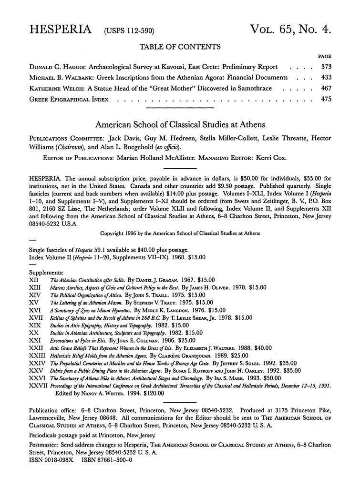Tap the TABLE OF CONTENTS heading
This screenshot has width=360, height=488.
[180, 47]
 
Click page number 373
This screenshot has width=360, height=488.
[325, 66]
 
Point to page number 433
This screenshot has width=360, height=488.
[325, 77]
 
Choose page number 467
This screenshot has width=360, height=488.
[325, 88]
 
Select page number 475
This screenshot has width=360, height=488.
[325, 100]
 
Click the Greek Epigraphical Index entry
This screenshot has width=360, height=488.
[69, 100]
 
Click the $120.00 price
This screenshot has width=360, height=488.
[153, 393]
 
